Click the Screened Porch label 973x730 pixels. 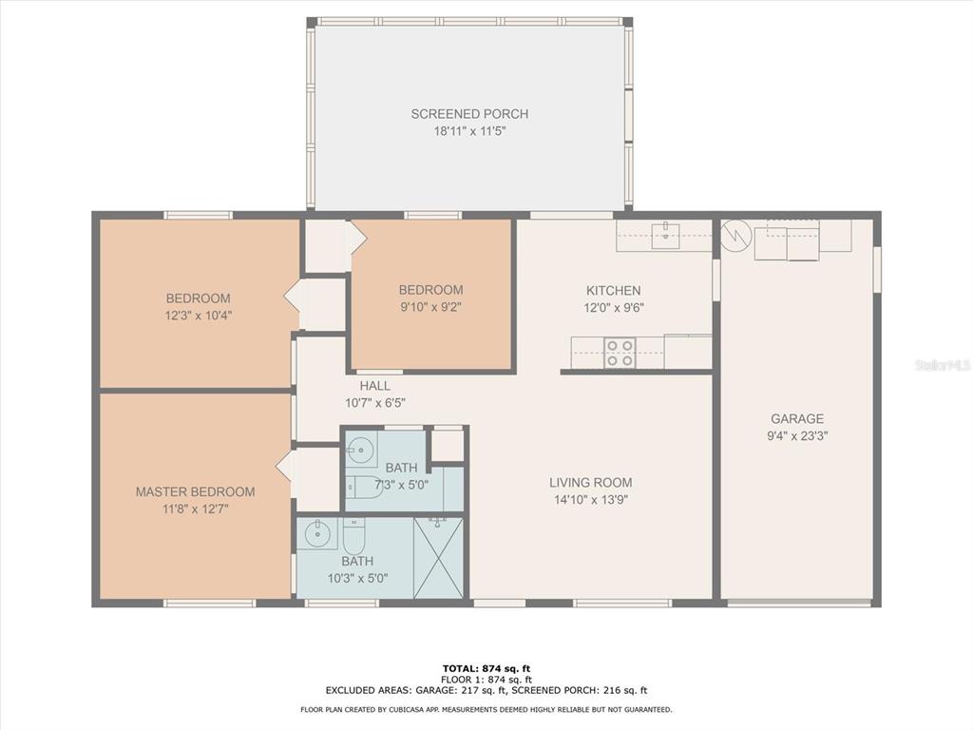click(469, 114)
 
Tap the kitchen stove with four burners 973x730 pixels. click(620, 353)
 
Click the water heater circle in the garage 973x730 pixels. click(736, 236)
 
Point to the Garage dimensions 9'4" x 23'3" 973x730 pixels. click(797, 435)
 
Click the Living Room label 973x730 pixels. click(591, 482)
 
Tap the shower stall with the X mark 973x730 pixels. click(439, 558)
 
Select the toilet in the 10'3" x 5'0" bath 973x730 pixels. click(354, 536)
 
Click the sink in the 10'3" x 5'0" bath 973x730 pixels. click(317, 533)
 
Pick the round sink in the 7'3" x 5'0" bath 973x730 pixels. click(360, 451)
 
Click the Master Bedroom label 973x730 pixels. click(196, 491)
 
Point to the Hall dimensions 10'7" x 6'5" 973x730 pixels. click(375, 403)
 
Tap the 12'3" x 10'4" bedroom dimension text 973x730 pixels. click(199, 316)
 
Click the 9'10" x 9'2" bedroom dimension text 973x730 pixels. click(430, 307)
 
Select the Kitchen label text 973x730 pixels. click(614, 290)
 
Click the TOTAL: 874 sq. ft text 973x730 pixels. click(486, 668)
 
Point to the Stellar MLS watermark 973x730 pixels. click(943, 365)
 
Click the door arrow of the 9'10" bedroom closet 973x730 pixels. click(358, 239)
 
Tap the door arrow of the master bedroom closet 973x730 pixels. click(283, 466)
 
